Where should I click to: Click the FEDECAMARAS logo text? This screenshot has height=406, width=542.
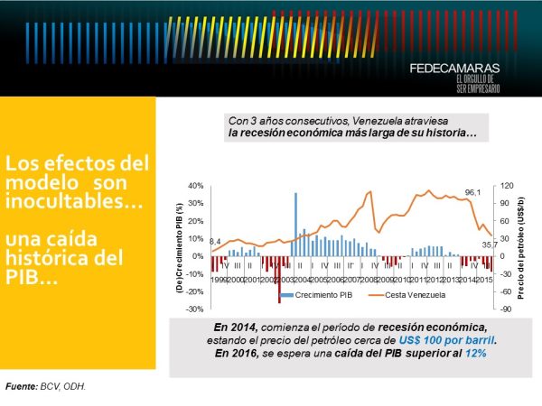click(x=456, y=69)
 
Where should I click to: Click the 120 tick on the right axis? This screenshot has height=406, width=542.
click(x=507, y=185)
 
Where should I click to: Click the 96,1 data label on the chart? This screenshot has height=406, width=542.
click(x=472, y=192)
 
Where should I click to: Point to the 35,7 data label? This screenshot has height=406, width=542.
click(x=488, y=245)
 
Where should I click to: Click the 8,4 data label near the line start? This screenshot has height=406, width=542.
click(x=215, y=242)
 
